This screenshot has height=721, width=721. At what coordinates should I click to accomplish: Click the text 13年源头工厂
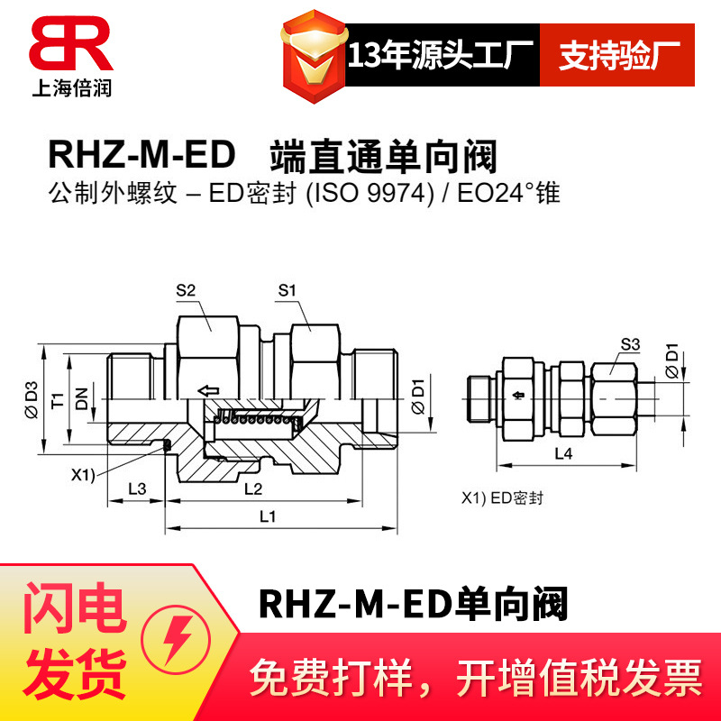[x=442, y=56]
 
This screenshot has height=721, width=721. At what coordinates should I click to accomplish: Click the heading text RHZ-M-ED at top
[x=141, y=156]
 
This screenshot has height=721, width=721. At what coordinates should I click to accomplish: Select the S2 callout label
[x=186, y=290]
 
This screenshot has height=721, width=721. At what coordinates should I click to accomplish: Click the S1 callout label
[x=287, y=290]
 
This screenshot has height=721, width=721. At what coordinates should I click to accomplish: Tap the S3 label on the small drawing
[x=630, y=343]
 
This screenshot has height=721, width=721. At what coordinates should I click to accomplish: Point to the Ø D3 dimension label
[x=33, y=398]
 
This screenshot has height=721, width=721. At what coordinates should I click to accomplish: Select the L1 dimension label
[x=268, y=516]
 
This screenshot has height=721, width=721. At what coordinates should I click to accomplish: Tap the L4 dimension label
[x=562, y=454]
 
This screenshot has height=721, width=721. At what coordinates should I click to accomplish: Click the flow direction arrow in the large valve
[x=207, y=390]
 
